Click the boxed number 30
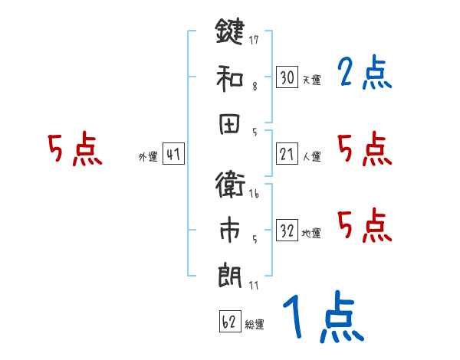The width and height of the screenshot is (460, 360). [x=287, y=77]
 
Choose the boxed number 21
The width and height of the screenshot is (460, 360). [x=287, y=155]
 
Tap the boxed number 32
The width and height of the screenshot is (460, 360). [x=287, y=231]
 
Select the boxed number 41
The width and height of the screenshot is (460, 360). [x=173, y=155]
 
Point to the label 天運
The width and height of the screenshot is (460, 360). [x=311, y=80]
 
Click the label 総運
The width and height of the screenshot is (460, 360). [x=255, y=325]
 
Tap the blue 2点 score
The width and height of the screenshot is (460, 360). [x=364, y=74]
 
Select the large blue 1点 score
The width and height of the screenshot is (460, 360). [x=322, y=318]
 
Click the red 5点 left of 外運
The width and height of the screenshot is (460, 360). [x=74, y=149]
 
